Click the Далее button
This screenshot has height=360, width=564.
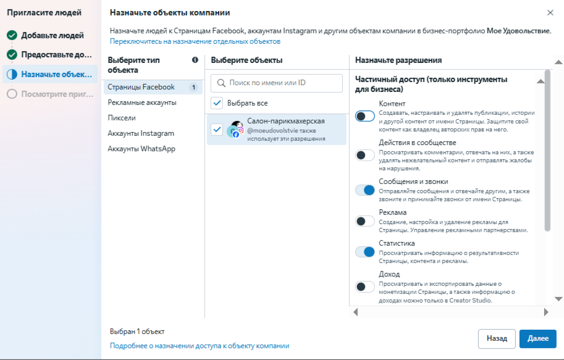tap(537, 338)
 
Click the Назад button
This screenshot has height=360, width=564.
tap(497, 338)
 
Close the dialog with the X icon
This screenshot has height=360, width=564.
tap(550, 12)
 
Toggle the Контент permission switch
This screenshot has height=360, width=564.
tap(365, 116)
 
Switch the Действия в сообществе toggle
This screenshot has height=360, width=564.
tap(365, 155)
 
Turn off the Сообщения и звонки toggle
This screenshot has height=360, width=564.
tap(365, 190)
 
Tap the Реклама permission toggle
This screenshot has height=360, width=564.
tap(365, 221)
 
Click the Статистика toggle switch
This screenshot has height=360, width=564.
tap(365, 252)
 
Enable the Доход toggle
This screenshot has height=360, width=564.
tap(365, 287)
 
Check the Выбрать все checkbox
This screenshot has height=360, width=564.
tap(217, 103)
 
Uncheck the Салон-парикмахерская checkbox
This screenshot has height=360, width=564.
tap(217, 130)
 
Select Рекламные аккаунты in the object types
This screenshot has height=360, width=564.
tap(142, 103)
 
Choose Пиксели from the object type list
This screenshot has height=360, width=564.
tap(122, 118)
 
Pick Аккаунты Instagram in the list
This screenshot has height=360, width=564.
tap(141, 133)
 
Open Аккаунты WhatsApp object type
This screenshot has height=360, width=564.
tap(141, 149)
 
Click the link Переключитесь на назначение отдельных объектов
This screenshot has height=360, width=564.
tap(195, 41)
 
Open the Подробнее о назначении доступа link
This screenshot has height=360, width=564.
tap(200, 346)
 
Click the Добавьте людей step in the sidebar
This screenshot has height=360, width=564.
tap(52, 35)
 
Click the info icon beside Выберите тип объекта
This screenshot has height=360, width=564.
tap(195, 60)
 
